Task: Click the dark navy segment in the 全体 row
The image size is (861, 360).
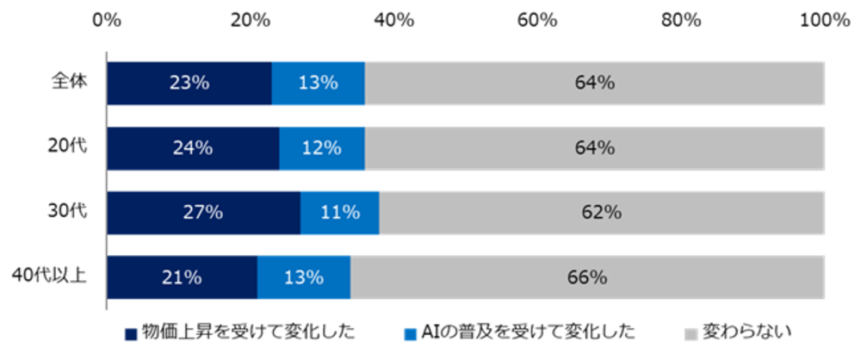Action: tap(189, 84)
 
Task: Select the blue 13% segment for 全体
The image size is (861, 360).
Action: tap(318, 84)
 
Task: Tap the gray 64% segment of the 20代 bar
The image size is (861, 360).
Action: tap(594, 148)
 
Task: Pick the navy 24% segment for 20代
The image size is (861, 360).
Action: tap(192, 148)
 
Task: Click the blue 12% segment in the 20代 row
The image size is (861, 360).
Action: tap(321, 148)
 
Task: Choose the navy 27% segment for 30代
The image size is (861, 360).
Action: tap(203, 213)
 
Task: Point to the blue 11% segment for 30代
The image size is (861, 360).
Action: tap(339, 213)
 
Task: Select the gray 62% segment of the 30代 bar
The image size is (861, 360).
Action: tap(601, 213)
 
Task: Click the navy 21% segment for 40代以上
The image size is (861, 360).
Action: tap(182, 277)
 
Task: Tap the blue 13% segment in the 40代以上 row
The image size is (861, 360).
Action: tap(303, 277)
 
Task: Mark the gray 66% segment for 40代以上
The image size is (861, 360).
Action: tap(587, 277)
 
